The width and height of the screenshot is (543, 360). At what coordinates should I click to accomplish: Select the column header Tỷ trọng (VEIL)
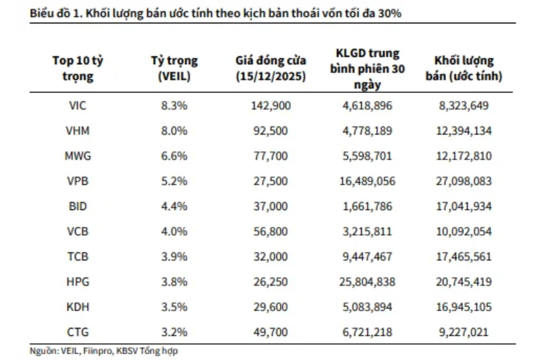(174, 68)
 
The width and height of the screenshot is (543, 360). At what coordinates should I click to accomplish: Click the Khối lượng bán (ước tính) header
(463, 68)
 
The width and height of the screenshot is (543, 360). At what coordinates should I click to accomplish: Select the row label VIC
(78, 106)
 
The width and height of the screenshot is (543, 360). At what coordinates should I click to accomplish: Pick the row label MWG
(78, 156)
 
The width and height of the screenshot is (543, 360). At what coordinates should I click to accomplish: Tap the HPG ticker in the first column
(78, 281)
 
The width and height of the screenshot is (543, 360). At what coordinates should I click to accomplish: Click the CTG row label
(78, 331)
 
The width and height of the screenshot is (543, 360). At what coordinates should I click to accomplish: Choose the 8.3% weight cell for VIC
(174, 106)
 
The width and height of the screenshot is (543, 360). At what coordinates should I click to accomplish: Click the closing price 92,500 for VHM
(271, 131)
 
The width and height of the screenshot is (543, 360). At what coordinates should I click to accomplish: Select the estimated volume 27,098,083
(463, 181)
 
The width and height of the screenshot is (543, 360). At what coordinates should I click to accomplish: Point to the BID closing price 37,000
(271, 206)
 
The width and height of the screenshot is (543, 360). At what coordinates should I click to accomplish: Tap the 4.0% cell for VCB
(174, 232)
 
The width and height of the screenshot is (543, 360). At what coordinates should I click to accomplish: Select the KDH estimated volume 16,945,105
(463, 306)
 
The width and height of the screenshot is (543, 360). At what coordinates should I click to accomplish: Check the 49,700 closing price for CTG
(271, 331)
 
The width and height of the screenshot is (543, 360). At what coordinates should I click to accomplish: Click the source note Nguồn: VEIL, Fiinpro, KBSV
(104, 350)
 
